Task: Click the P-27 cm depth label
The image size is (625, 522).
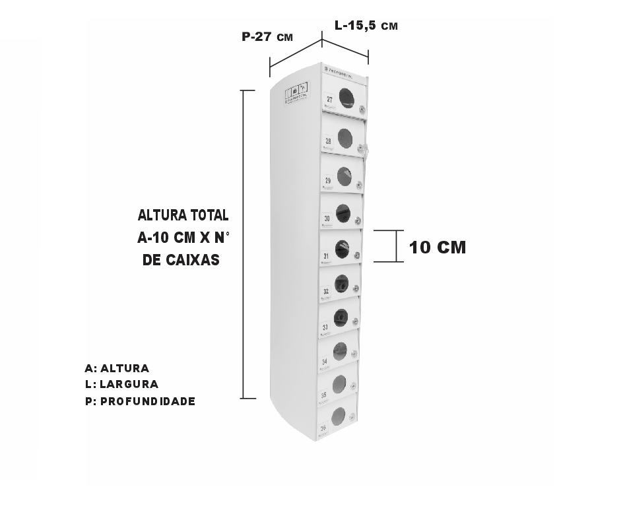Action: click(x=267, y=38)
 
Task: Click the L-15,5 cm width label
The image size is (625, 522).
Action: click(x=366, y=26)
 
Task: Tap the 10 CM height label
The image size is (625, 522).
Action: click(x=437, y=247)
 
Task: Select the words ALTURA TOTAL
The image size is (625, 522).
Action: click(x=183, y=216)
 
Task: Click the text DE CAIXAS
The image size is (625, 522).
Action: click(x=181, y=261)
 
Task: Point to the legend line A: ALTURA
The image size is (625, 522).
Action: click(x=117, y=368)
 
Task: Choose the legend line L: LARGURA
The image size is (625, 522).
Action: click(x=121, y=384)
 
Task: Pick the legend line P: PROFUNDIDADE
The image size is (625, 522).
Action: click(x=140, y=401)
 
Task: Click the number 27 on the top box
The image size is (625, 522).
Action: click(x=329, y=99)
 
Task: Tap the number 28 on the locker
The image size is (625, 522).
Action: click(x=328, y=141)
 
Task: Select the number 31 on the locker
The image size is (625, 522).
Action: click(x=326, y=255)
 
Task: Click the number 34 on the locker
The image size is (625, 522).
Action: click(x=324, y=362)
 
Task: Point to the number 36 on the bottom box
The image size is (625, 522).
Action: click(x=323, y=428)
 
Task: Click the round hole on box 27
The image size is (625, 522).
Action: click(x=346, y=98)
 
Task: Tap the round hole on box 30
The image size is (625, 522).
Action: click(x=343, y=212)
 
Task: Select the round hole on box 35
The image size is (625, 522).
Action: click(x=339, y=383)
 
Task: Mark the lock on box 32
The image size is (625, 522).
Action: click(x=356, y=288)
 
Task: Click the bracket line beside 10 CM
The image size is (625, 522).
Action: click(x=396, y=246)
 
